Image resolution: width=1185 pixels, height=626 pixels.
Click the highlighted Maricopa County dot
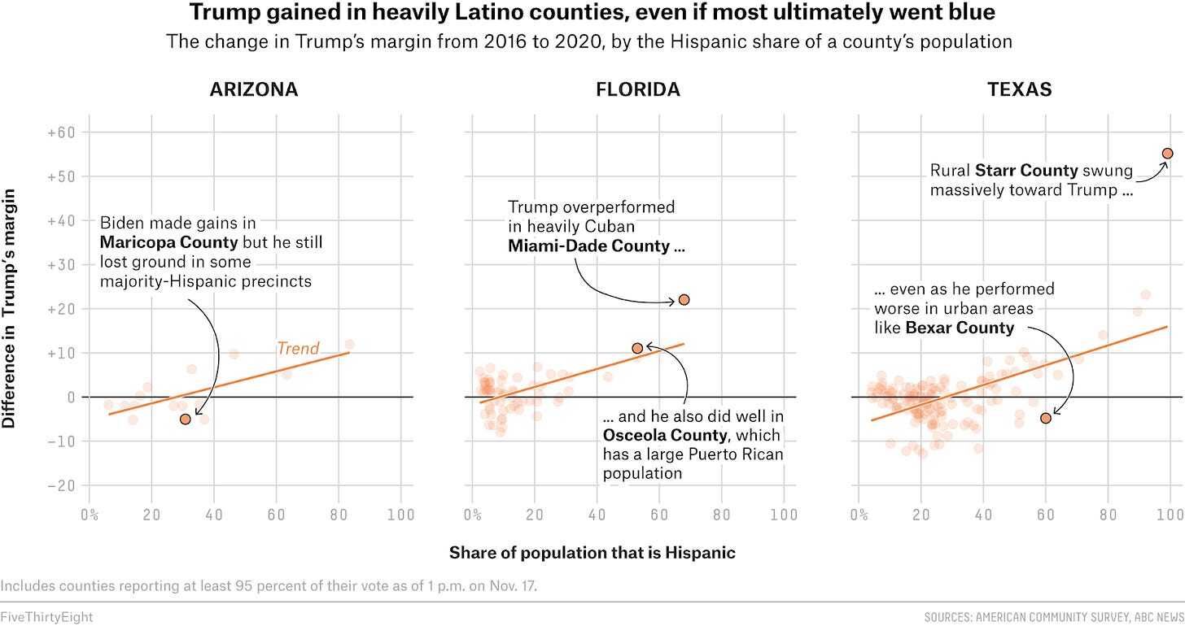pyautogui.click(x=185, y=419)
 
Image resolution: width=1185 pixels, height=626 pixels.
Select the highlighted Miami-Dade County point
pyautogui.click(x=684, y=300)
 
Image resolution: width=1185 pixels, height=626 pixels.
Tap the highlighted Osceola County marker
pyautogui.click(x=637, y=348)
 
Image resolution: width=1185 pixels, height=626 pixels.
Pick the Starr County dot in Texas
pyautogui.click(x=1167, y=153)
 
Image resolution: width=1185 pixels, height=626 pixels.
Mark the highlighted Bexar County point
pyautogui.click(x=1045, y=418)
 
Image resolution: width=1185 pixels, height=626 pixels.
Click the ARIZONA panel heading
pyautogui.click(x=254, y=89)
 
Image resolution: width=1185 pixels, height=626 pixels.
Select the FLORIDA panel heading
pyautogui.click(x=637, y=89)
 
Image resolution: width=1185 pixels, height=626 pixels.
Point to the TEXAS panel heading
pyautogui.click(x=1020, y=89)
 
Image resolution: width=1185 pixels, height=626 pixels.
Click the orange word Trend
pyautogui.click(x=298, y=349)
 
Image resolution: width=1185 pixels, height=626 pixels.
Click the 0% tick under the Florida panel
pyautogui.click(x=473, y=515)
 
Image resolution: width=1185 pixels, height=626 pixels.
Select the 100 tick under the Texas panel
pyautogui.click(x=1169, y=515)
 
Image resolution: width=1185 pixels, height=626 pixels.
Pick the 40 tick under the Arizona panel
pyautogui.click(x=214, y=515)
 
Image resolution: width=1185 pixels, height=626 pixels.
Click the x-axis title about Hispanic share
pyautogui.click(x=592, y=553)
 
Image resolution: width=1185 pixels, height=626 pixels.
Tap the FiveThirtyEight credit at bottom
pyautogui.click(x=46, y=617)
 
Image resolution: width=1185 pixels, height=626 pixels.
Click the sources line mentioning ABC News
pyautogui.click(x=1054, y=617)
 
